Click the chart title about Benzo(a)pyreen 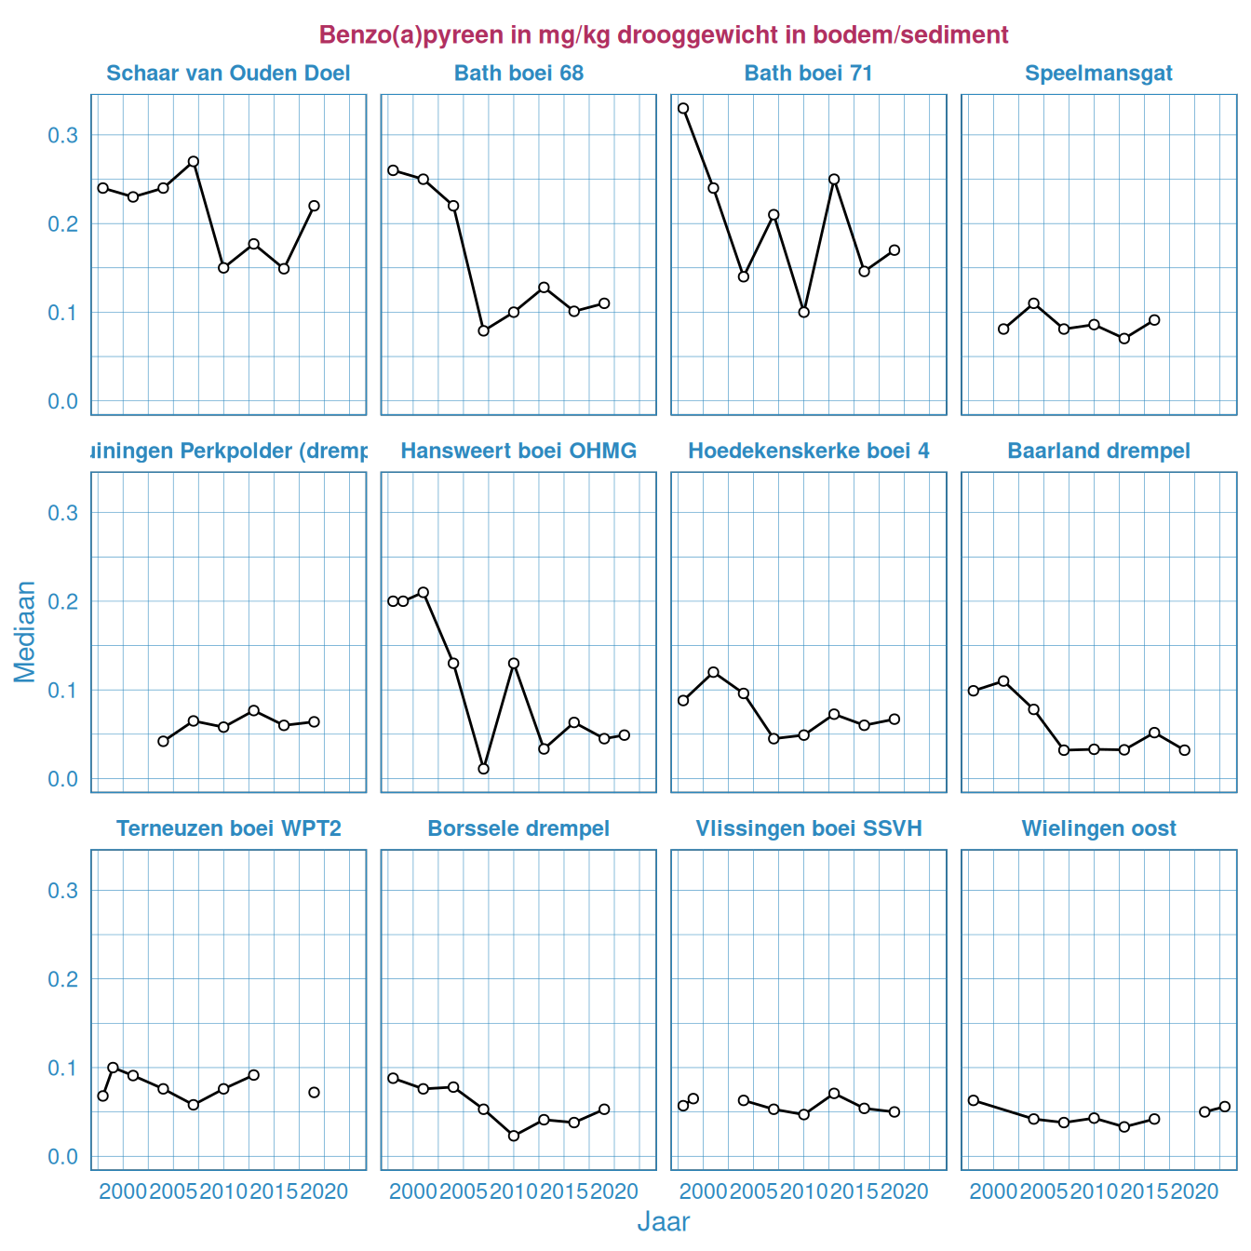point(663,35)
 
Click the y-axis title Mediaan point(25,631)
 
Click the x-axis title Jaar point(663,1222)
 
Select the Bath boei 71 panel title point(808,74)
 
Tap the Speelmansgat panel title point(1098,74)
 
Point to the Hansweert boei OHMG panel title point(518,451)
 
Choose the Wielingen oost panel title point(1098,828)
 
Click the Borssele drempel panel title point(518,828)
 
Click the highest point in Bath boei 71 point(683,108)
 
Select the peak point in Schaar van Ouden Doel point(194,161)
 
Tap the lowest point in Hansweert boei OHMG point(483,769)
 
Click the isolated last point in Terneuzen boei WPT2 point(314,1092)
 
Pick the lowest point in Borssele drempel point(514,1136)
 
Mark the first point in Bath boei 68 point(393,170)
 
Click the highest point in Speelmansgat point(1033,303)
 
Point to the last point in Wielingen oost point(1225,1107)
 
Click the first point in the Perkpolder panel point(163,741)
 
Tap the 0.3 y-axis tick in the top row point(62,136)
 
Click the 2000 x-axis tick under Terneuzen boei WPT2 point(123,1191)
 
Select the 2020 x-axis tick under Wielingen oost point(1194,1191)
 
